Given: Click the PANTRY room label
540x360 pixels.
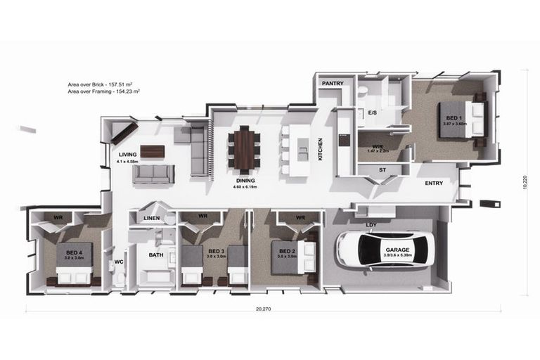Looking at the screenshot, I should [333, 84].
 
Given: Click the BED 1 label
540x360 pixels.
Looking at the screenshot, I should [451, 118].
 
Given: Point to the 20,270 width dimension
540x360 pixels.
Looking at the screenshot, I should [263, 309].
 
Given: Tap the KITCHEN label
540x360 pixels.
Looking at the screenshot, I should [320, 149].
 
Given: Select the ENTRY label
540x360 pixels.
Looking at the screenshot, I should [434, 183].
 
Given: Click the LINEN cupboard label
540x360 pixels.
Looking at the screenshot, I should [152, 219].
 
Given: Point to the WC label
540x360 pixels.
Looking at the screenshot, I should [119, 262].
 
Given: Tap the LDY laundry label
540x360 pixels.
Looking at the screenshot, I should [371, 225].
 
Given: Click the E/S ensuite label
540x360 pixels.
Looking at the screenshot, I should [373, 112].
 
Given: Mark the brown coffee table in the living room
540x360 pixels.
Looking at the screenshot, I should [153, 150].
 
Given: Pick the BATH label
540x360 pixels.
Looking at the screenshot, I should [156, 255].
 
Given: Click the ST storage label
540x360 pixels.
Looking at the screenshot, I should [382, 169].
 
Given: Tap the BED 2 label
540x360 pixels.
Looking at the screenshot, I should [286, 252].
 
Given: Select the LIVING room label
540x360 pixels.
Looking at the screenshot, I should [127, 154].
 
